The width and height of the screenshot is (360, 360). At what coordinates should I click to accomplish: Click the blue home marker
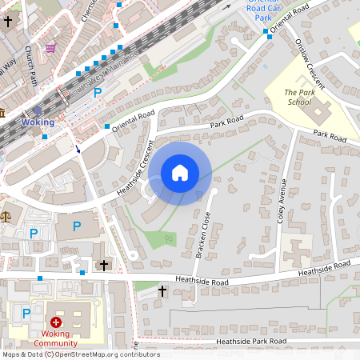point(180,173)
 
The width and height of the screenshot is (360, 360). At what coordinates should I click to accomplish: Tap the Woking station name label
point(38,122)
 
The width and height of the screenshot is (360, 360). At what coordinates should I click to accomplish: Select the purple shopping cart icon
point(51,48)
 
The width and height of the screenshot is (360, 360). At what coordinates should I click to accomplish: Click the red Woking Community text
point(55,338)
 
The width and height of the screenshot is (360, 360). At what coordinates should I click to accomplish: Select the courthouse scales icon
point(6,215)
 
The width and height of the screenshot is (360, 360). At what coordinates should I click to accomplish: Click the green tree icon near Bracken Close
point(168,238)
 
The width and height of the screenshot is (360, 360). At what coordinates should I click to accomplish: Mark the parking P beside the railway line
point(98,93)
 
